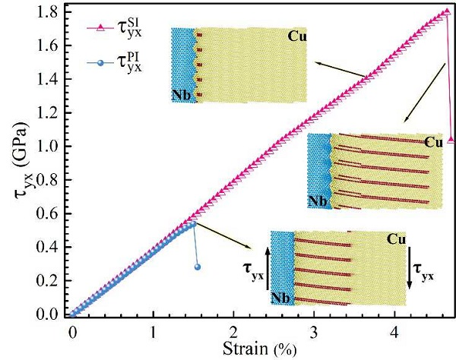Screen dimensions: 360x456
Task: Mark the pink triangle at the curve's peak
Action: [x=447, y=11]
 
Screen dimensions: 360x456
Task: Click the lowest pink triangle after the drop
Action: [x=451, y=140]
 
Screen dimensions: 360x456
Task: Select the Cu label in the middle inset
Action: [x=432, y=142]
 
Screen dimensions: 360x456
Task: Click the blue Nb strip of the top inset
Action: [x=182, y=65]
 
